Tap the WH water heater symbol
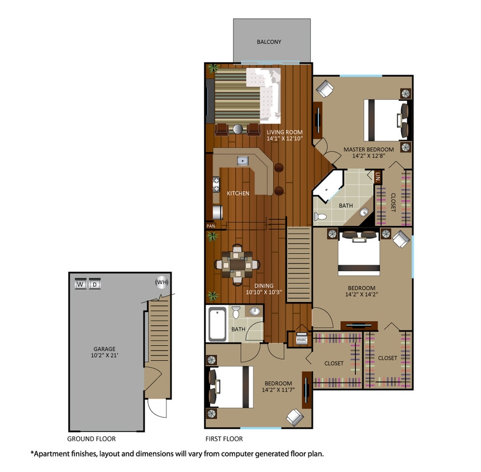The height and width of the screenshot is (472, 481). (x=161, y=282)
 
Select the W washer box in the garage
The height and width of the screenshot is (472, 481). (x=80, y=284)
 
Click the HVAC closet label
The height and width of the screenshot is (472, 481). (x=302, y=339)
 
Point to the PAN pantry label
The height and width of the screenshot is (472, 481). (x=211, y=226)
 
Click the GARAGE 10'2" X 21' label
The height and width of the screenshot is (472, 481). (x=104, y=352)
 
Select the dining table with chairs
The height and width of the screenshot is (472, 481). (x=237, y=263)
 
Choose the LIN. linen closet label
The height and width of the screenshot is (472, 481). (x=378, y=178)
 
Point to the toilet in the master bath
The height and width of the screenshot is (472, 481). (x=319, y=216)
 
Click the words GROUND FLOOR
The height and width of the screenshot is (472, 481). (x=92, y=439)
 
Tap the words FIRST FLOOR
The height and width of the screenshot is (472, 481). (x=224, y=439)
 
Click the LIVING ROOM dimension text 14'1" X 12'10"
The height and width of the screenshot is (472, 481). (x=284, y=138)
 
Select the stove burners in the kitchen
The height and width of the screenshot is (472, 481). (x=216, y=184)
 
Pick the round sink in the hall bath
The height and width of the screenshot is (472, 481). (x=255, y=311)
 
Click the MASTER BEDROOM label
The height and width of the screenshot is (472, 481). (x=369, y=149)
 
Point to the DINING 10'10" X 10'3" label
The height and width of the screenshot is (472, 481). (x=264, y=288)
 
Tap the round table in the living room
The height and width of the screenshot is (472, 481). (x=238, y=129)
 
